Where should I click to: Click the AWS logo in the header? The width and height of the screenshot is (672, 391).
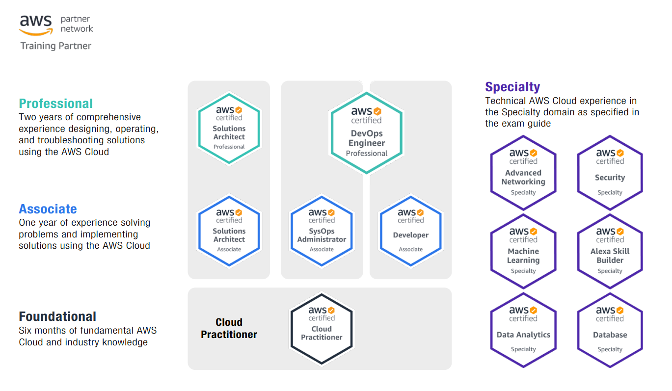click(x=36, y=25)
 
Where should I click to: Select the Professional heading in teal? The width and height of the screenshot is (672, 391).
click(x=55, y=104)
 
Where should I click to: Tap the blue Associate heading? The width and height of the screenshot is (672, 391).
click(x=48, y=209)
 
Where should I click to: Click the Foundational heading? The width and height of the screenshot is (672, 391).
click(x=57, y=316)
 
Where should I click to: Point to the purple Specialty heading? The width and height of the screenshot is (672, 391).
click(x=512, y=87)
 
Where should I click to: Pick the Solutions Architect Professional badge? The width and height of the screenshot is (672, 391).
click(x=229, y=128)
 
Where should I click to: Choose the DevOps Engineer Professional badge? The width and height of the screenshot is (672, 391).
click(x=366, y=133)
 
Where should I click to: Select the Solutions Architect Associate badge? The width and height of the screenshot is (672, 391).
click(x=229, y=231)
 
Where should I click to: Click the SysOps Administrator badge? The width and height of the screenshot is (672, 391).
click(x=322, y=231)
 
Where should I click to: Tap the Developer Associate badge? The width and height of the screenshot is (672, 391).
click(x=411, y=231)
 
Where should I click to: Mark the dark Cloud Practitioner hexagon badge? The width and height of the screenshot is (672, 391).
click(x=322, y=329)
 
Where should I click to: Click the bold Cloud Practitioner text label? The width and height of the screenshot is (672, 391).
click(x=229, y=328)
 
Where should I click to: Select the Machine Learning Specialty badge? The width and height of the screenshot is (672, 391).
click(x=523, y=251)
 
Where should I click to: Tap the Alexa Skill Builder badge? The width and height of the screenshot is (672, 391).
click(x=610, y=251)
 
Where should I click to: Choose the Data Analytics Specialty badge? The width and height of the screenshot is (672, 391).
click(x=523, y=330)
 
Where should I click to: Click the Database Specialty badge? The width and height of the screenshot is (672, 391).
click(x=610, y=330)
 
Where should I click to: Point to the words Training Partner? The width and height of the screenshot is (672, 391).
click(x=55, y=46)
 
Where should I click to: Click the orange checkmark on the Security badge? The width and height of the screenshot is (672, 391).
click(x=620, y=153)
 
